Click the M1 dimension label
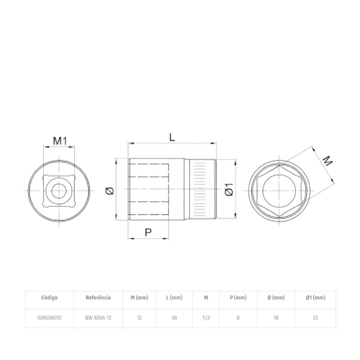click(x=60, y=141)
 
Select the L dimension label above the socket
click(x=172, y=137)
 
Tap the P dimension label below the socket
click(x=148, y=233)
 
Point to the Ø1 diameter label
click(x=229, y=189)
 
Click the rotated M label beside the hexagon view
click(x=327, y=161)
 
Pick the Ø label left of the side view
click(x=110, y=191)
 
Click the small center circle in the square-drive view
click(x=59, y=191)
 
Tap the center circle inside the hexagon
click(x=279, y=191)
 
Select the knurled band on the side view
click(x=200, y=189)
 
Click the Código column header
click(x=49, y=297)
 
